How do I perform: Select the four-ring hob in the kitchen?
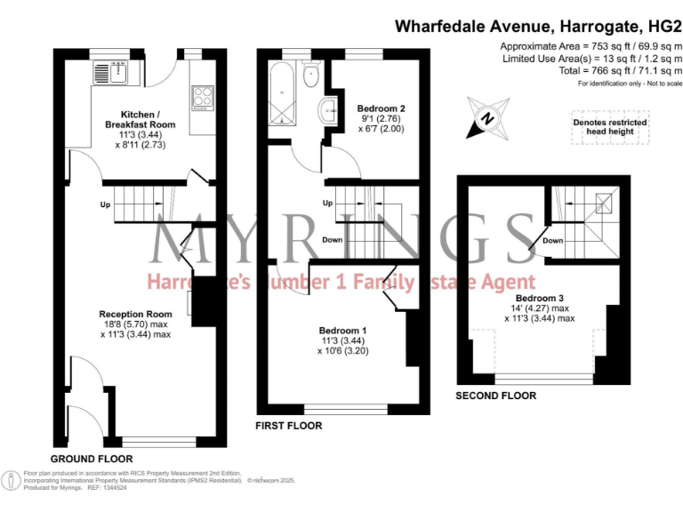(x=203, y=96)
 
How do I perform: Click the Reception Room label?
(x=135, y=314)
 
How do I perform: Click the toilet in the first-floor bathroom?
(x=310, y=76)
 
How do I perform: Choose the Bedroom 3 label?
(x=540, y=298)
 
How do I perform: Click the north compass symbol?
(x=487, y=119)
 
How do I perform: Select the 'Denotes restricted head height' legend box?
(x=609, y=126)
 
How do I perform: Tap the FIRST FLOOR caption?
(x=288, y=426)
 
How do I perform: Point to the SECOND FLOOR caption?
(x=495, y=396)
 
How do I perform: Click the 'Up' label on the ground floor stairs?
(x=105, y=205)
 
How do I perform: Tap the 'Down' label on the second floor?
(x=552, y=241)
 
